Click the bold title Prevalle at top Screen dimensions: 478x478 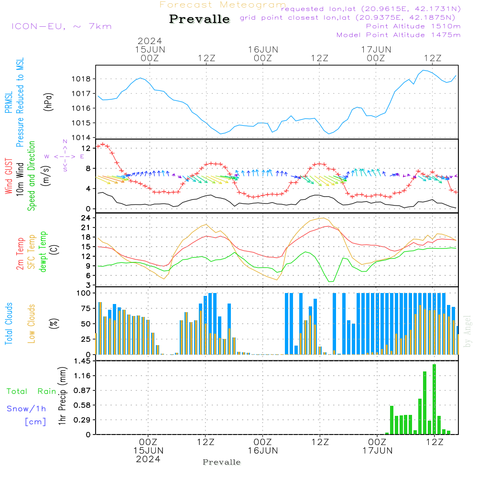pos(199,19)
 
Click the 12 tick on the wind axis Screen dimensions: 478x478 pos(87,148)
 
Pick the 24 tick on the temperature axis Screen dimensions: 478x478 pos(87,217)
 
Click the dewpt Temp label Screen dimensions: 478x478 pos(43,252)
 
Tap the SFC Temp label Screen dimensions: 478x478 pos(32,252)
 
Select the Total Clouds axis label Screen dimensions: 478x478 pos(9,324)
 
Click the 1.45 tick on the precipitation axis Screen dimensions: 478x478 pos(82,361)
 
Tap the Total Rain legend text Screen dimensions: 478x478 pos(32,391)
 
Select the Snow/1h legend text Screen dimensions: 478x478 pos(26,409)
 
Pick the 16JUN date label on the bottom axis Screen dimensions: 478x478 pos(262,450)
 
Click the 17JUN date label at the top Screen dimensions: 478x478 pos(376,49)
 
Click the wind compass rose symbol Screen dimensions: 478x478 pos(65,156)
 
